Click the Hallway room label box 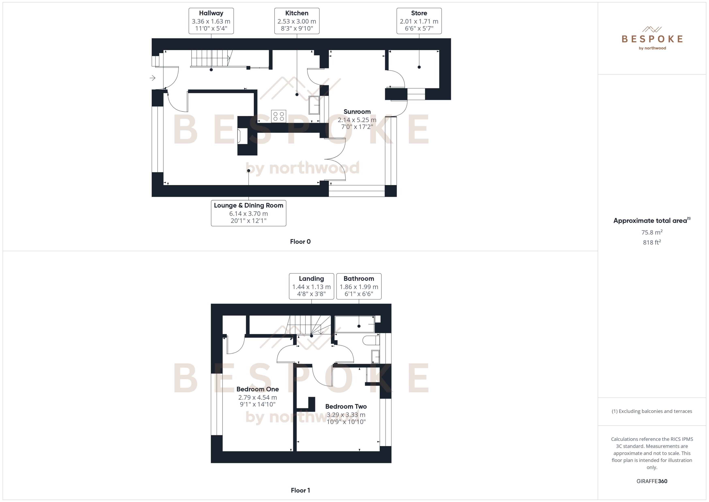point(211,21)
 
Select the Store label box point(419,21)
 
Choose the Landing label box point(311,286)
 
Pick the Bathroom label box point(359,286)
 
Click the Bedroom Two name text point(346,407)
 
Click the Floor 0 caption point(300,242)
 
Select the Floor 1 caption point(300,490)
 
